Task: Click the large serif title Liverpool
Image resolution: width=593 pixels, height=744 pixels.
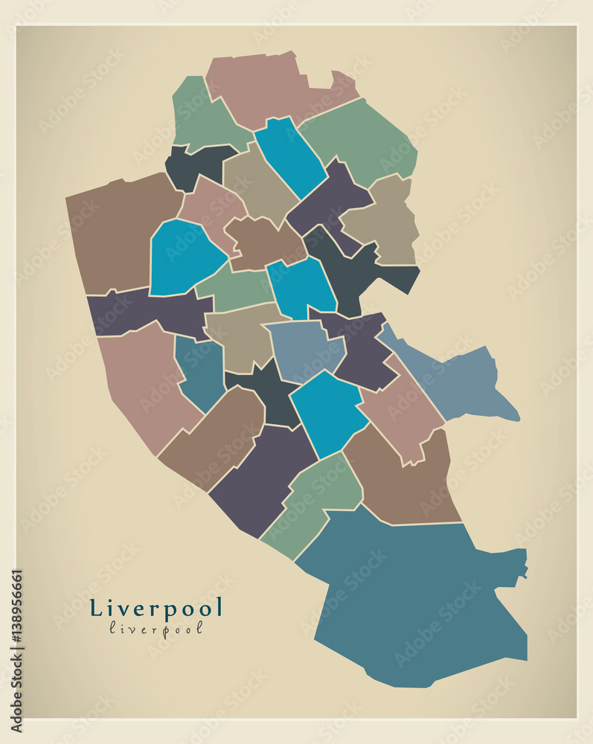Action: click(156, 608)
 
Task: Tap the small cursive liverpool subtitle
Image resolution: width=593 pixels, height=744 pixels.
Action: click(156, 628)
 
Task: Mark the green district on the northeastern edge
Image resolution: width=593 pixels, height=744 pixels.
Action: click(361, 138)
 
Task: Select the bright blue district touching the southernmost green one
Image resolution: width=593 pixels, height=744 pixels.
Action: click(327, 409)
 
